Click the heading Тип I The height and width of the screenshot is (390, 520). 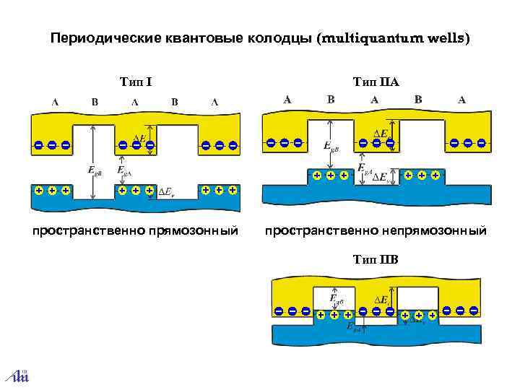134,79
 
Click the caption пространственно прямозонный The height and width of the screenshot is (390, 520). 134,231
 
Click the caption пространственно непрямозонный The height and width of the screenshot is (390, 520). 376,231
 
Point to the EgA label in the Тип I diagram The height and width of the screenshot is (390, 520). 123,170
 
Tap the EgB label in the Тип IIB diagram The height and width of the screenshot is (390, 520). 336,298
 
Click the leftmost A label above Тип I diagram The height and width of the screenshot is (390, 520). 55,101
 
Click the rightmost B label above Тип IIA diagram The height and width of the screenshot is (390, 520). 418,100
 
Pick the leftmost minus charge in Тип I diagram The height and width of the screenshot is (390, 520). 38,145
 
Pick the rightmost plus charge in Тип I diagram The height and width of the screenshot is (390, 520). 233,190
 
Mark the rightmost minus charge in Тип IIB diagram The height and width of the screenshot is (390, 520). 474,310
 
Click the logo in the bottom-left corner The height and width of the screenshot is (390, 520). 16,375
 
